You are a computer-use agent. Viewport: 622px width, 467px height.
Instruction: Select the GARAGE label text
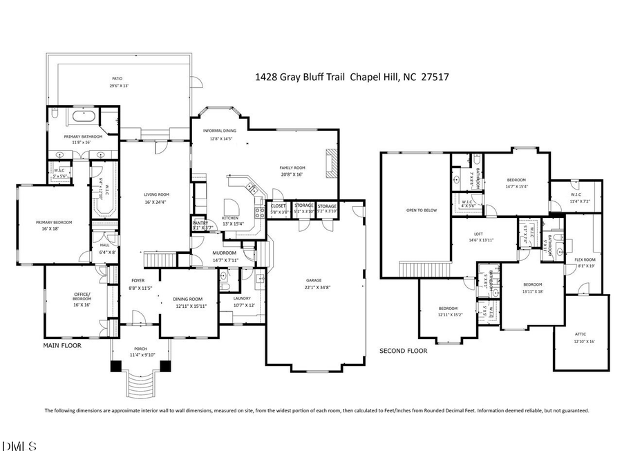pyautogui.click(x=314, y=280)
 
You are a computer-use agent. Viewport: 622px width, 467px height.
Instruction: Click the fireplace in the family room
pyautogui.click(x=332, y=163)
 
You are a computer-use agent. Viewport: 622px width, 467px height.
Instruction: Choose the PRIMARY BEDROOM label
pyautogui.click(x=54, y=222)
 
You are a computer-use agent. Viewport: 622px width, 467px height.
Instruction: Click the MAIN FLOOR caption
pyautogui.click(x=62, y=345)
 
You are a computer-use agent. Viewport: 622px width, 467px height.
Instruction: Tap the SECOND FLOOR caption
pyautogui.click(x=403, y=351)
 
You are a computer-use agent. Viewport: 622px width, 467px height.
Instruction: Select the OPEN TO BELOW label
pyautogui.click(x=422, y=210)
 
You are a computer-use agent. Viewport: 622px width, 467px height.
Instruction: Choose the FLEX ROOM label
pyautogui.click(x=585, y=259)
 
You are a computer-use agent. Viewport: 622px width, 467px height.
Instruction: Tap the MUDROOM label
pyautogui.click(x=225, y=253)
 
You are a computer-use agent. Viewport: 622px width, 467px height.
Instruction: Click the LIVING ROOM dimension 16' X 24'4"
pyautogui.click(x=157, y=202)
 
